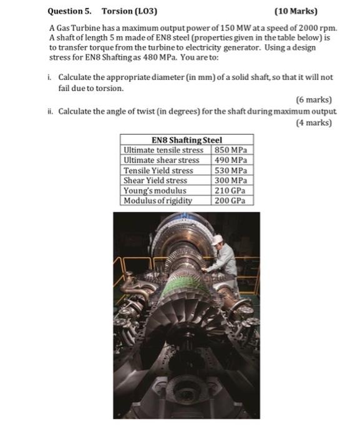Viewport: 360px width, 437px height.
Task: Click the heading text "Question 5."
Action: point(70,11)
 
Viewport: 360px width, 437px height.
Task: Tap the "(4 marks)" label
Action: point(313,122)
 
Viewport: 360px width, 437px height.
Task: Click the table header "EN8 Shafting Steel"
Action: point(187,140)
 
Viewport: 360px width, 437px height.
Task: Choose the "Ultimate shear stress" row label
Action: point(162,160)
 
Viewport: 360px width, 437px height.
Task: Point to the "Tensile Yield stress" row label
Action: point(158,170)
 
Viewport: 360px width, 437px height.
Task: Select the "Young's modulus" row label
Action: point(155,190)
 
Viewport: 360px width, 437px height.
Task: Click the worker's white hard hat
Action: point(217,239)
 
